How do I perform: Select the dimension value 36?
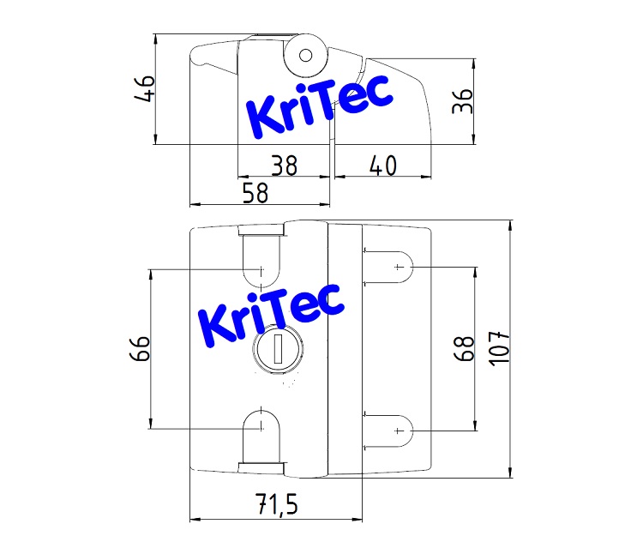(x=462, y=101)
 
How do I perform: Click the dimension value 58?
(x=255, y=193)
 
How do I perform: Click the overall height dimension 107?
(x=498, y=348)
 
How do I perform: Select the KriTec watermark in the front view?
(x=270, y=313)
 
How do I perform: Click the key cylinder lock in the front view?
(x=278, y=350)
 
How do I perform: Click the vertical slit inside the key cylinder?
(x=278, y=350)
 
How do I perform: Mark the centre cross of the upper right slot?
(x=398, y=268)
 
